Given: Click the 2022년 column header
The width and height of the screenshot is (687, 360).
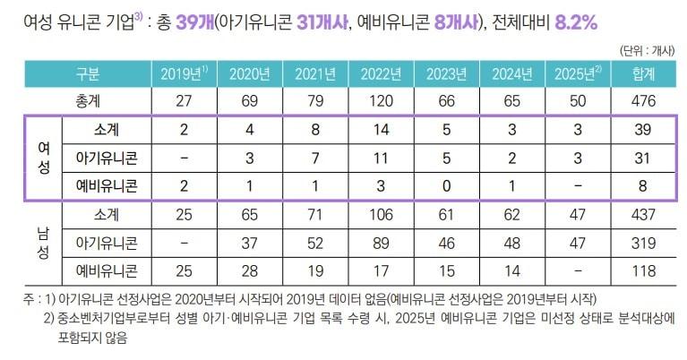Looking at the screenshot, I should pyautogui.click(x=382, y=73).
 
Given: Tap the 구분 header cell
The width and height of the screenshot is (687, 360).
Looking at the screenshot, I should pyautogui.click(x=87, y=73).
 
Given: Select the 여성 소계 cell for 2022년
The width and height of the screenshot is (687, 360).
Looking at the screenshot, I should pyautogui.click(x=382, y=131).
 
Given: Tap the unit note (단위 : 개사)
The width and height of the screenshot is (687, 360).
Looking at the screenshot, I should pyautogui.click(x=646, y=51).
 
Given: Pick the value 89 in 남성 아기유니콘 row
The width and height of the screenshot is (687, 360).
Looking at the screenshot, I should pyautogui.click(x=382, y=244).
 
